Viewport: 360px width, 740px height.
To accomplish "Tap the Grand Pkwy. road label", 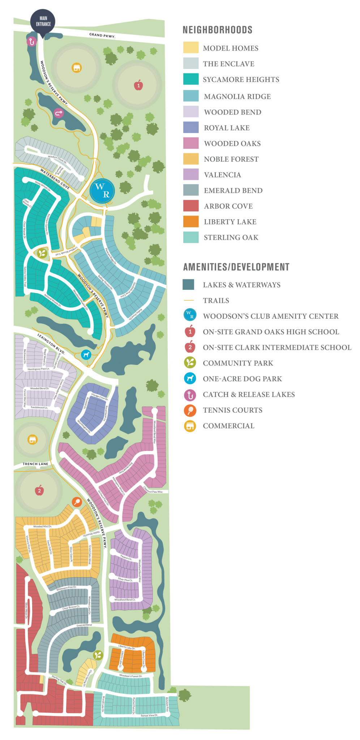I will click(x=102, y=35).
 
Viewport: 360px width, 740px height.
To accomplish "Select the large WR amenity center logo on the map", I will click(x=102, y=190).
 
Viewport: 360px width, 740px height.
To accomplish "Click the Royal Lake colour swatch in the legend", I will click(x=191, y=128).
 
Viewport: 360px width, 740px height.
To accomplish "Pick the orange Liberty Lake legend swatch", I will click(x=191, y=221).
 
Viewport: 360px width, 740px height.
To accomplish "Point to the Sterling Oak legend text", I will click(x=231, y=237).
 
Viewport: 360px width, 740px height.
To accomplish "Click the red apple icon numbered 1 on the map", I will click(x=138, y=85).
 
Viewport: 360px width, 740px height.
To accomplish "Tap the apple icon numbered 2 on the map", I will click(x=39, y=490).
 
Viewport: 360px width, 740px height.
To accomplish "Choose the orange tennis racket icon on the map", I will click(x=77, y=502).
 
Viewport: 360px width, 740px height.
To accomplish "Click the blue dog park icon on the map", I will click(x=86, y=355).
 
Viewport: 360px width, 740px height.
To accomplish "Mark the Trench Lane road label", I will click(x=35, y=464).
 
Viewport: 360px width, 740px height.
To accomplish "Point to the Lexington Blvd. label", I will click(x=51, y=344).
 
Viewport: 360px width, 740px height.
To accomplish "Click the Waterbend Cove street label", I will click(x=55, y=179).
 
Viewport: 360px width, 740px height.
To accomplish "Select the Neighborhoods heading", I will click(x=217, y=30).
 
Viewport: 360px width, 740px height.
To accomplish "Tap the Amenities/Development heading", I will click(x=236, y=267).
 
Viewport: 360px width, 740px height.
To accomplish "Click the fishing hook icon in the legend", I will click(x=190, y=395).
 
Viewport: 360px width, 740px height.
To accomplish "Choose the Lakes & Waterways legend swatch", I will click(x=189, y=285).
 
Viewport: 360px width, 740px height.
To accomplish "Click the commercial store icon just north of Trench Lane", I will click(x=33, y=439).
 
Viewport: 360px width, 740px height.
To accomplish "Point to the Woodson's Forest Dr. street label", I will click(x=130, y=675).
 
